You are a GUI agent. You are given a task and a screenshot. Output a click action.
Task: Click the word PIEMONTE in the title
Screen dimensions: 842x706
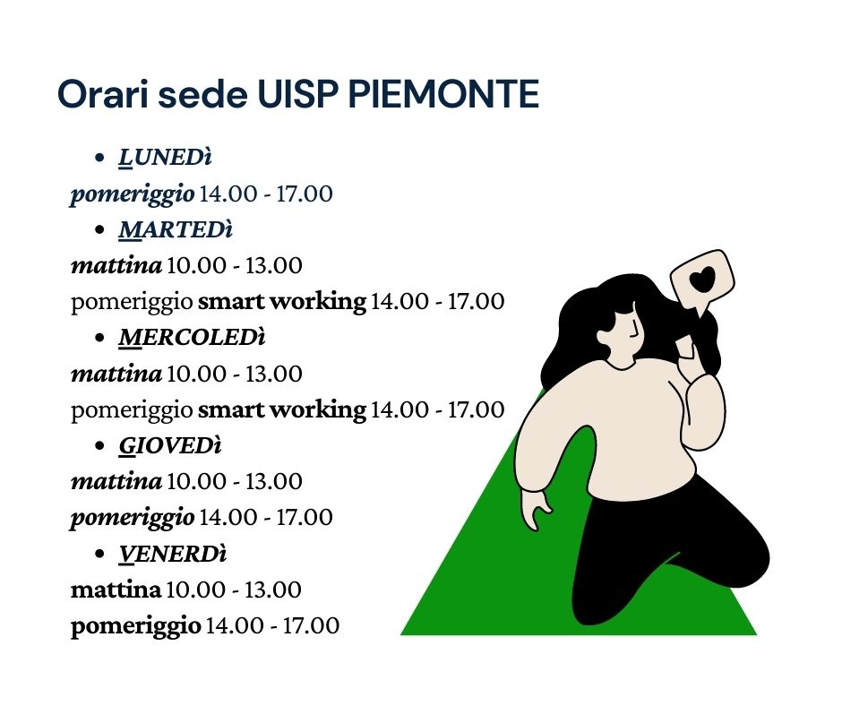point(443,94)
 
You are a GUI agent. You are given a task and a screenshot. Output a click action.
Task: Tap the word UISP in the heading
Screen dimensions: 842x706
point(298,94)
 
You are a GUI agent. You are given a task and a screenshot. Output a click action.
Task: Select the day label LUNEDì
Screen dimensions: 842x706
point(166,158)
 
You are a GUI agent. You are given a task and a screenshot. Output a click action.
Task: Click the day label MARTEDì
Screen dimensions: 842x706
point(176,230)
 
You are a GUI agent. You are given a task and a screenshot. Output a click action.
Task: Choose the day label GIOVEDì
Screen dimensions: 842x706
point(170,446)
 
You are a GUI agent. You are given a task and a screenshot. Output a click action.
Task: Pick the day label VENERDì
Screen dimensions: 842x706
point(173,554)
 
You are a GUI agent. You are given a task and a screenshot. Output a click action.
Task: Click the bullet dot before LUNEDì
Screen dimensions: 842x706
point(99,158)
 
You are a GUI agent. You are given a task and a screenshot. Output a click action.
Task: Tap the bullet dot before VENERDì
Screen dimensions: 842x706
point(99,554)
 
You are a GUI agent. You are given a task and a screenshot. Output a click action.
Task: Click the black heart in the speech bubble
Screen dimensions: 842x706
point(703,280)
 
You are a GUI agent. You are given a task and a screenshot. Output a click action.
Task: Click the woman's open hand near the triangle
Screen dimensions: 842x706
point(536,509)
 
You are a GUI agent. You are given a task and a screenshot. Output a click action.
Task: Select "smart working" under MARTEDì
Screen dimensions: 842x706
point(282,301)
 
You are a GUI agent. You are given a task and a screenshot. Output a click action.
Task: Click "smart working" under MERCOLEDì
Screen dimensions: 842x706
point(282,410)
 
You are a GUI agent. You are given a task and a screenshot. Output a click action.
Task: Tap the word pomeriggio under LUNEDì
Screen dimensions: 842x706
point(132,194)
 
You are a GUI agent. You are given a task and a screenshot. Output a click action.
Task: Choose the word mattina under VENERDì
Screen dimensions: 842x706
point(116,590)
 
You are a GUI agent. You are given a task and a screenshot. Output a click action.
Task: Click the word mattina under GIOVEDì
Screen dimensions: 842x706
point(116,481)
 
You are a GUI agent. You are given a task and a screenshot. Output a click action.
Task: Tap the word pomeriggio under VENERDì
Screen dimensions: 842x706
point(135,626)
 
